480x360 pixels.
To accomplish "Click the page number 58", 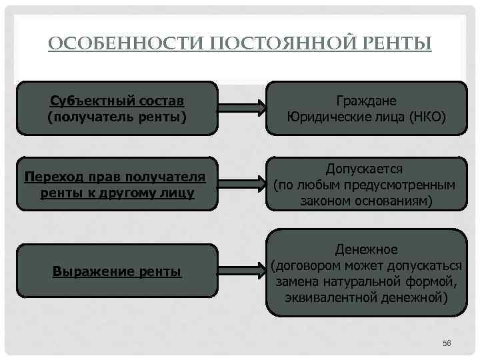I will [x=447, y=343].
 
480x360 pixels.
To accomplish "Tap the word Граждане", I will [x=367, y=101].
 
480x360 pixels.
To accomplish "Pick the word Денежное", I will [x=367, y=249].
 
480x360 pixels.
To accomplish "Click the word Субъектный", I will [x=90, y=101].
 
